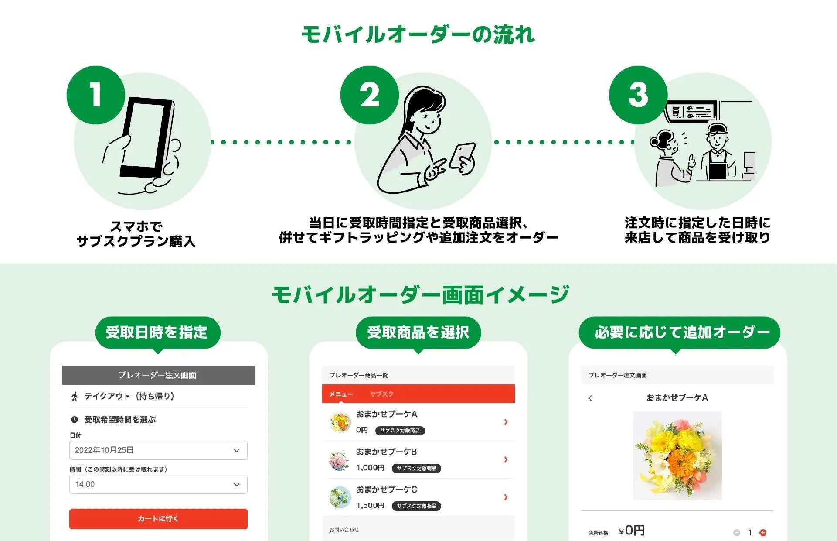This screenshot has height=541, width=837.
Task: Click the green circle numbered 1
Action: click(x=96, y=95)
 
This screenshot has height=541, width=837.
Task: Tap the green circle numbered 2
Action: click(x=370, y=95)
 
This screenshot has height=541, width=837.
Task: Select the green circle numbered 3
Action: click(x=638, y=95)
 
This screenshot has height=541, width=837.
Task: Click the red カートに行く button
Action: click(x=158, y=519)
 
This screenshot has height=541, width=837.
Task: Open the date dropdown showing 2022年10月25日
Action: click(x=158, y=450)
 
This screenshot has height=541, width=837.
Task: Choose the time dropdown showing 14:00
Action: click(x=158, y=484)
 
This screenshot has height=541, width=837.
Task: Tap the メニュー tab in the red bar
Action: click(x=341, y=394)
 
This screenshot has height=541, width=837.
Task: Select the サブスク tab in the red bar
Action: click(x=381, y=394)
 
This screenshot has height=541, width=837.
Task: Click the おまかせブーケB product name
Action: click(x=387, y=452)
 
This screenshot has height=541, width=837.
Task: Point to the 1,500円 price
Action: click(x=370, y=505)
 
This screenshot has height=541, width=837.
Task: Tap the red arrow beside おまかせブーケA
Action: click(x=506, y=422)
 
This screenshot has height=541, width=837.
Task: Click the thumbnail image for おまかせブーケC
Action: click(x=340, y=497)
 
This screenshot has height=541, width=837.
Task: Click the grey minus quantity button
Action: click(x=737, y=532)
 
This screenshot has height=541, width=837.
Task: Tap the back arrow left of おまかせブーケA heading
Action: click(x=590, y=398)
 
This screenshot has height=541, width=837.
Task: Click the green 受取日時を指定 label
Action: click(x=157, y=332)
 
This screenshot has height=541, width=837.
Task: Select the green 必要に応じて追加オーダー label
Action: click(x=679, y=332)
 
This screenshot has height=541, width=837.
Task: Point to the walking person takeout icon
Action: click(x=75, y=397)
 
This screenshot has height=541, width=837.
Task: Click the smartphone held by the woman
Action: click(x=463, y=155)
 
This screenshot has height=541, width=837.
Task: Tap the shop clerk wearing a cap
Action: click(x=717, y=153)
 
